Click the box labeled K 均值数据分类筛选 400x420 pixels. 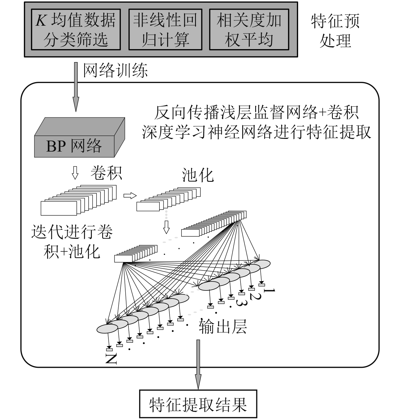click(76, 29)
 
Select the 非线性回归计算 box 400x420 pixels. click(165, 29)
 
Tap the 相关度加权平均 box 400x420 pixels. click(249, 29)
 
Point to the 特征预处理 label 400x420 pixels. click(335, 31)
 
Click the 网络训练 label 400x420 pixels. click(115, 70)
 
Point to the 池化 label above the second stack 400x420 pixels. click(198, 175)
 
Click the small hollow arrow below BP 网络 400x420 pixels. click(75, 173)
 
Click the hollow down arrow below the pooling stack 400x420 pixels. click(166, 227)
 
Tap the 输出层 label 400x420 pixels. click(223, 326)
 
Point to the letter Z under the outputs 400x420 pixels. click(111, 359)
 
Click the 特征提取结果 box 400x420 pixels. click(198, 404)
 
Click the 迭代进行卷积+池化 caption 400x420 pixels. click(72, 241)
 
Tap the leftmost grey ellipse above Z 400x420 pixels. click(107, 328)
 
